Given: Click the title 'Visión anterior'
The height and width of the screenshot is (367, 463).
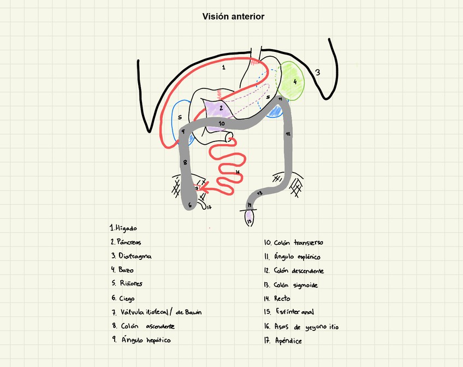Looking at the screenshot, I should [233, 16].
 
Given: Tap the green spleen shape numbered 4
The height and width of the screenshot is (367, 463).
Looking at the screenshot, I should [292, 81].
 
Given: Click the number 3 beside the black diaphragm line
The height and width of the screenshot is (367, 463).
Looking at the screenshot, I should [317, 72].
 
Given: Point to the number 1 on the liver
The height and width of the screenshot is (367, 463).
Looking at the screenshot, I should [223, 68].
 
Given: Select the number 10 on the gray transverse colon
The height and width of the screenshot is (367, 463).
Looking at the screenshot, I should [221, 124].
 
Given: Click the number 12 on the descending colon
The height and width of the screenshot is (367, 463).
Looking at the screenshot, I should [288, 133].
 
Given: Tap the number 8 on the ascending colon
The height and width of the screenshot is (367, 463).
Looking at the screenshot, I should [185, 162].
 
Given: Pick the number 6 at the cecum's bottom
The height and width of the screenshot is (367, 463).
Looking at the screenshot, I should [190, 205].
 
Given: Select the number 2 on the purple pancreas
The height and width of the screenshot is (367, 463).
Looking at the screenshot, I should [221, 109].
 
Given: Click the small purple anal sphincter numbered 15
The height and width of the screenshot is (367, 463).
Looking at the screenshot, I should [250, 220].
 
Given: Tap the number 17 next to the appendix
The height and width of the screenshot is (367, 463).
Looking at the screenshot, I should [209, 206].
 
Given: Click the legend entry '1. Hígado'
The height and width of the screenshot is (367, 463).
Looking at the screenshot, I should [123, 228].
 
